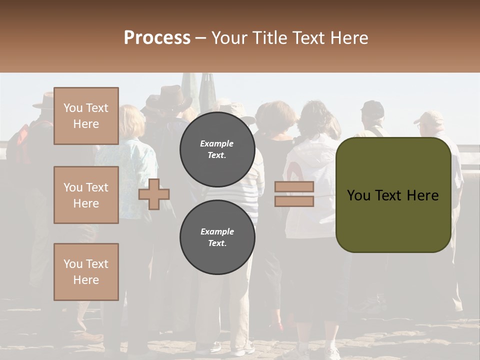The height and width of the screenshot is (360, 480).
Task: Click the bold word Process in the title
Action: tap(157, 38)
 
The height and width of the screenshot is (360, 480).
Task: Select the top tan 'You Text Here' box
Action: tap(86, 116)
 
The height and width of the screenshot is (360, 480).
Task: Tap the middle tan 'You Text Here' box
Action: tap(86, 195)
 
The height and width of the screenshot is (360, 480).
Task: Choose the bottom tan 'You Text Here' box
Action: tap(86, 272)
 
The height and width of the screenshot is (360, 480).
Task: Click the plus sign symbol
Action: tap(154, 194)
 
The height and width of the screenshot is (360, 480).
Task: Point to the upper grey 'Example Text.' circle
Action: tap(217, 149)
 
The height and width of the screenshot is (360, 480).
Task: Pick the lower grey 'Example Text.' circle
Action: tap(217, 237)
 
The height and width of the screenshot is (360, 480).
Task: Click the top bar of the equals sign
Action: tap(294, 186)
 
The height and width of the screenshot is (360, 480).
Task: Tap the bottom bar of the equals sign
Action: tap(294, 201)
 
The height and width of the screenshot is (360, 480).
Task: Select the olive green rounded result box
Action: tap(393, 195)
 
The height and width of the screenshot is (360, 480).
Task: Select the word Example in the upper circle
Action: tap(217, 143)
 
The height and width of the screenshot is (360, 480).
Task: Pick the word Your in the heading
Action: tap(228, 38)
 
